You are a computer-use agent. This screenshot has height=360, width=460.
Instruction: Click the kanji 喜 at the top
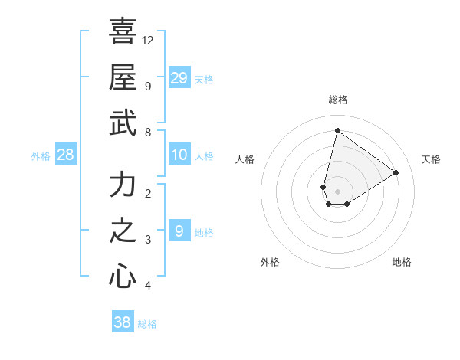point(123,32)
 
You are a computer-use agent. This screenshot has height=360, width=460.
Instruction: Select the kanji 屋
point(123,77)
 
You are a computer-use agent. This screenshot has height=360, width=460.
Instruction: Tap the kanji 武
point(123,123)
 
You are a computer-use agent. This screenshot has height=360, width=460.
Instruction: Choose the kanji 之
point(123,231)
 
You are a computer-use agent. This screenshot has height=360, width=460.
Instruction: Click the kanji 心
point(123,276)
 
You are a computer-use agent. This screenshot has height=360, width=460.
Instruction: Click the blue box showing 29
point(179,77)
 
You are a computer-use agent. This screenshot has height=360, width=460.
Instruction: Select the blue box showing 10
point(179,155)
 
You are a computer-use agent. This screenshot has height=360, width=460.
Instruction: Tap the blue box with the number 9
point(179,231)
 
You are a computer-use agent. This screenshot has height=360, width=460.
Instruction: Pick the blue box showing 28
point(66,155)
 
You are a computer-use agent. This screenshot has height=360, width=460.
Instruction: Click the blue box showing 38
point(123,322)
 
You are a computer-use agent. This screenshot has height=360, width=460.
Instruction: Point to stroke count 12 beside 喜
point(148,40)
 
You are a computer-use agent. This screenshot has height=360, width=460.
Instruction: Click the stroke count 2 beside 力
point(147,193)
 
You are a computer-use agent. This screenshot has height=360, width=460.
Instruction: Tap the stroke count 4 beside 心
point(147,286)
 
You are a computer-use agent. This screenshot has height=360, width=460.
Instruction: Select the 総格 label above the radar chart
point(338,100)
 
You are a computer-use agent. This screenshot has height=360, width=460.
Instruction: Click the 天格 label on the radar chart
point(431,159)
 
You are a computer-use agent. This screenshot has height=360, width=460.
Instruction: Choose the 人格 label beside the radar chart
point(245,159)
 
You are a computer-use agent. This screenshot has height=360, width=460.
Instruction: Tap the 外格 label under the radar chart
point(270,262)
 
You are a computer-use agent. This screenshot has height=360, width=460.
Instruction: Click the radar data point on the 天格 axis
point(396,172)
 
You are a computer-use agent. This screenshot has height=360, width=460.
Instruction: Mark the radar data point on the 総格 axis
point(337,130)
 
